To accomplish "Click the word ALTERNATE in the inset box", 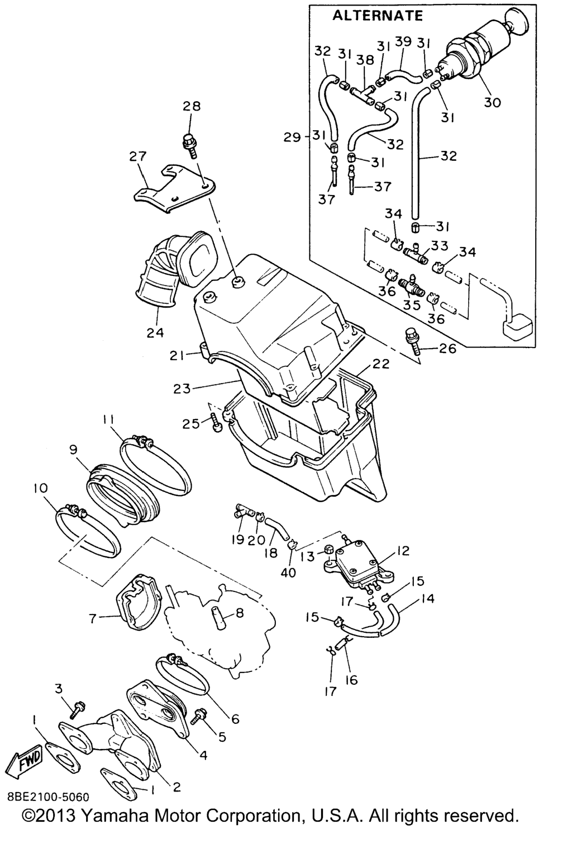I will coord(378,15).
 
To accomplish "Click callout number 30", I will coord(493,102).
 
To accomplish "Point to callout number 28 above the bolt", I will coord(191,106).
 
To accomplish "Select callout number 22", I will coord(381,364).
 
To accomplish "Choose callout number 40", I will coord(289,574).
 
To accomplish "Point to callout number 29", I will coord(292,137).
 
